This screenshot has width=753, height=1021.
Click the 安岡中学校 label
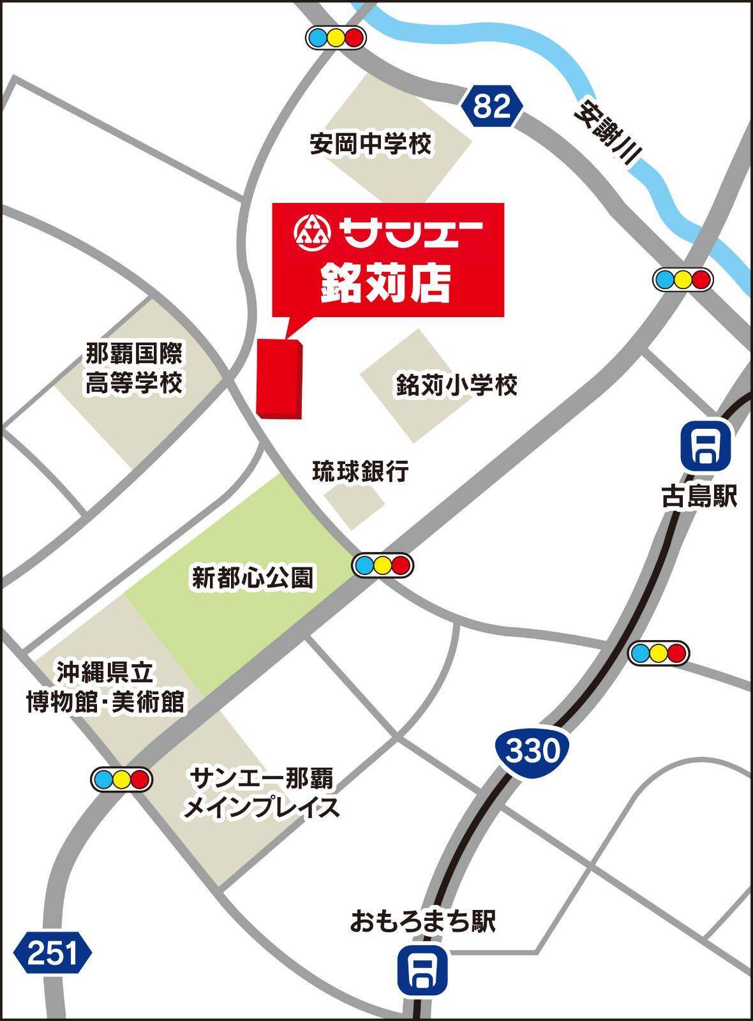click(x=371, y=144)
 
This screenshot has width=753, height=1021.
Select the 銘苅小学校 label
click(x=456, y=385)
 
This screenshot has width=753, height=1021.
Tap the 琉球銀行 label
click(x=361, y=472)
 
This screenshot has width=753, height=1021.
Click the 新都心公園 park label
click(x=253, y=578)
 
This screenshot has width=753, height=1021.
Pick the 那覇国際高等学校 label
click(x=134, y=368)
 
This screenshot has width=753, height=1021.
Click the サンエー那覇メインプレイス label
click(x=262, y=793)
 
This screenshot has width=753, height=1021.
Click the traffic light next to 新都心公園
click(x=383, y=565)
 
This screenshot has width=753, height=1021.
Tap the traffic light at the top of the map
click(x=336, y=38)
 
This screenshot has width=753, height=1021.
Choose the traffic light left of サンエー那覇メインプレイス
click(x=121, y=779)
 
